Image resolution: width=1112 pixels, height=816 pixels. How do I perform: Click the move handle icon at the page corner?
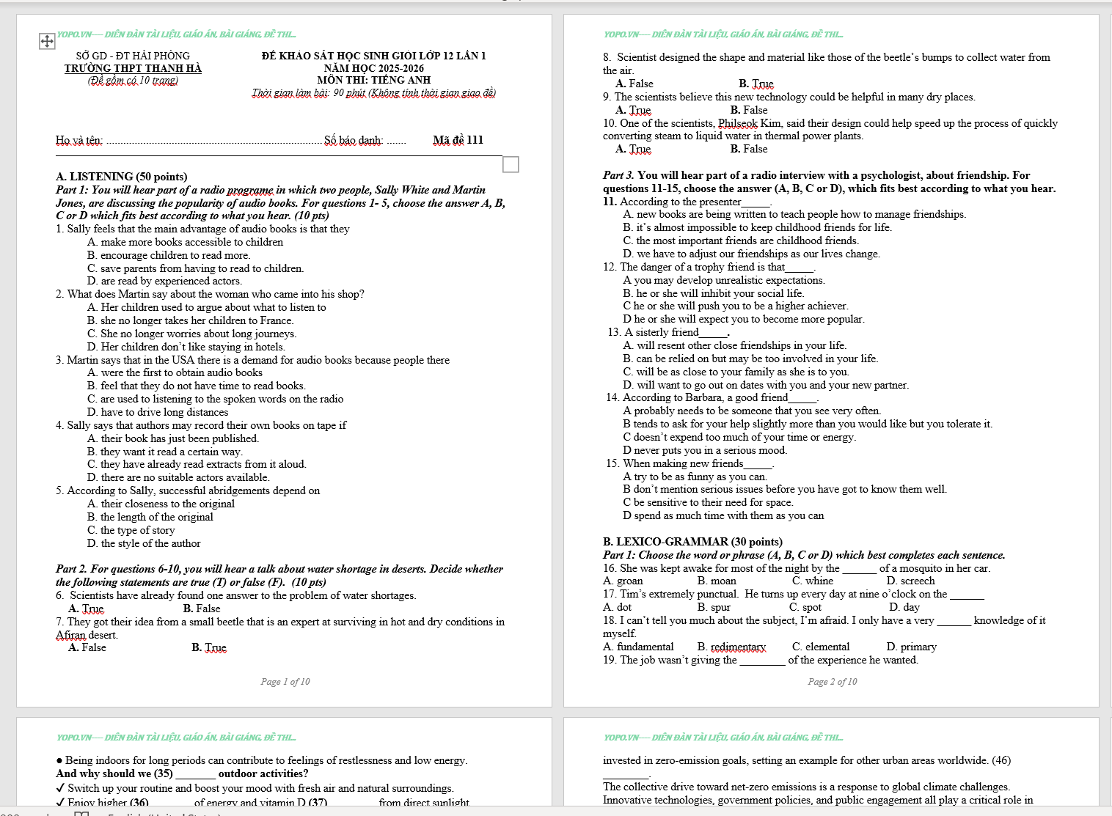pos(47,41)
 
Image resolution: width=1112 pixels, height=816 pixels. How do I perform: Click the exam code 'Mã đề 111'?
pos(458,140)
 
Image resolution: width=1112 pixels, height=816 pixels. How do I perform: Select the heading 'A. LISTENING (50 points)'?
pos(122,177)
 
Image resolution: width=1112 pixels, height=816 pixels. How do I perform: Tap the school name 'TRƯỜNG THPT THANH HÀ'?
pos(133,68)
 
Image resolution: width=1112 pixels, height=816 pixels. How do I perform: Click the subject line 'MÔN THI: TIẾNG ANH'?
pos(374,80)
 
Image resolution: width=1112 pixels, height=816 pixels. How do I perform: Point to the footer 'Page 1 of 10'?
pos(285,682)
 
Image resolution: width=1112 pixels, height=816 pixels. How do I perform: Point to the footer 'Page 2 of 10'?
pos(833,682)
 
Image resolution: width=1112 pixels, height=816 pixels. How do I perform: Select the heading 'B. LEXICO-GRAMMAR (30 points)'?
pos(692,542)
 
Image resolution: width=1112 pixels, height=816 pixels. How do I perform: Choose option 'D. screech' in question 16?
pos(910,581)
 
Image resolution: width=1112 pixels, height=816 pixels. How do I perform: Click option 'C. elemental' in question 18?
pos(821,647)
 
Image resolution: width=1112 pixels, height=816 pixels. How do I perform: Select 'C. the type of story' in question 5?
pos(131,530)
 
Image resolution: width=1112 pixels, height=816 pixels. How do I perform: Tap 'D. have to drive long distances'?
pos(158,412)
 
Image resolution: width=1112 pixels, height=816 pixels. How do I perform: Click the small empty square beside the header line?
pos(511,164)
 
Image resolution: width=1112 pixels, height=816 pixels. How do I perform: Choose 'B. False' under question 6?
pos(202,609)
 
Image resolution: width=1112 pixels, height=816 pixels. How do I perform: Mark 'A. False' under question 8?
pos(634,84)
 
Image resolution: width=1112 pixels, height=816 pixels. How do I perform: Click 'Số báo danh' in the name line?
pos(354,140)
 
